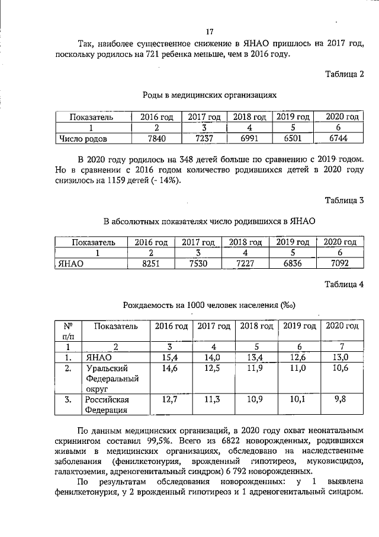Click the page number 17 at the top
coord(209,31)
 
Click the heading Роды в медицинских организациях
coord(209,94)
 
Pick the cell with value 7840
coord(156,139)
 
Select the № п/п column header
coord(68,331)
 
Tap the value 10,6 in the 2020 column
coord(340,369)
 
